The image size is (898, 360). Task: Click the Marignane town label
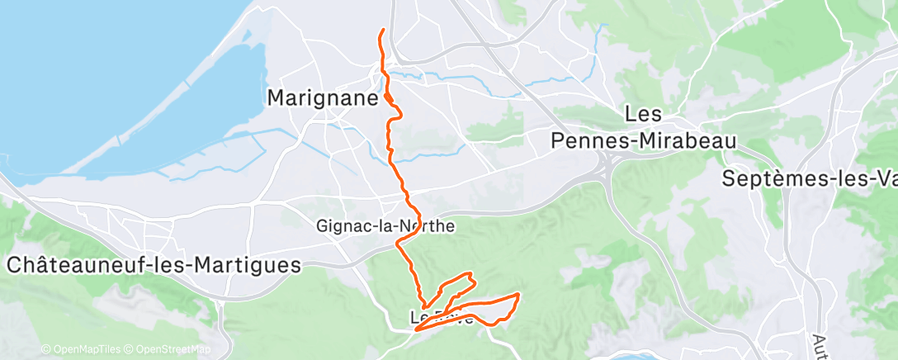pos(323,97)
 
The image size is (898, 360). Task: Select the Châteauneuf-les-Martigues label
pos(154,265)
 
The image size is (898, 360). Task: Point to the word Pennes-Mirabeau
pos(643,141)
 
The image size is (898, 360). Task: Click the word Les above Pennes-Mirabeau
pos(650,112)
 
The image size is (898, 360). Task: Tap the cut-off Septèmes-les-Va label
pos(809,178)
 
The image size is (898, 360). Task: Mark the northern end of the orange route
pos(384,30)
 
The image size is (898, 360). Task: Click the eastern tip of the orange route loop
pos(518,294)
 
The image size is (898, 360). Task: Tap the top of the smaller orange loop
pos(470,274)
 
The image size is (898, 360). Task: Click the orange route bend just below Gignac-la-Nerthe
pos(399,242)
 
